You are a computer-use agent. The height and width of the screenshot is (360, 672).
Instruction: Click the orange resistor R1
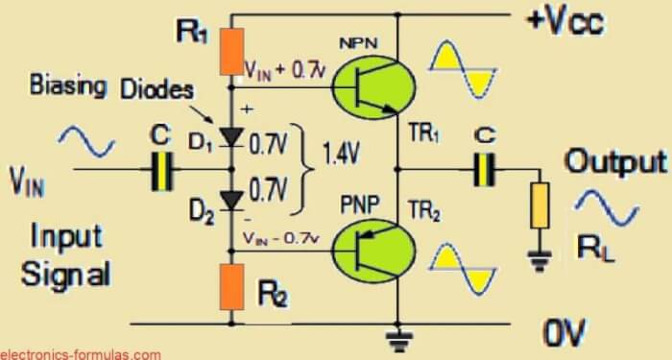point(230,53)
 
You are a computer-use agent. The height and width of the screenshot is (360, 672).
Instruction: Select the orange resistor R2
point(230,288)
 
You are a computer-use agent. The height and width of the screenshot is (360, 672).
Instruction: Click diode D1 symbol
point(230,137)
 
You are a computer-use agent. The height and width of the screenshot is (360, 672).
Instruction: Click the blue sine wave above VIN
point(85,143)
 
